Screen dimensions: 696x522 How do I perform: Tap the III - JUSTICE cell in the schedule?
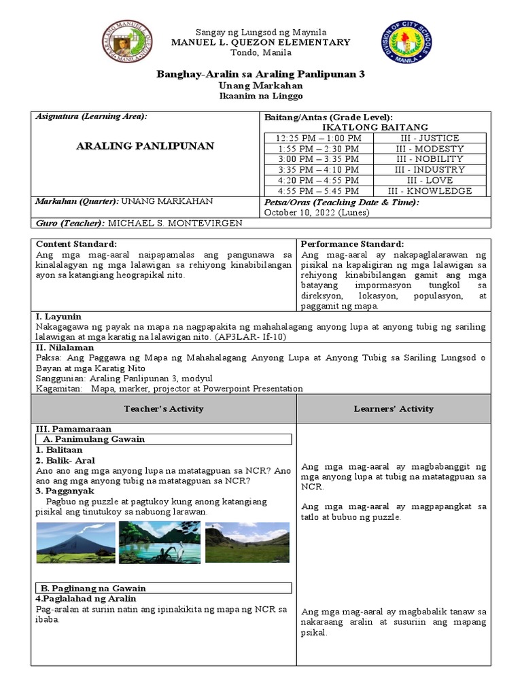pos(430,138)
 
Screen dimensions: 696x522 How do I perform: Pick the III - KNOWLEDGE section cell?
pos(430,191)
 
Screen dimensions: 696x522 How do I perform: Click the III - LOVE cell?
pos(430,180)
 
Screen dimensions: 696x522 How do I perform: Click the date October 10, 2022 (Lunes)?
pos(316,213)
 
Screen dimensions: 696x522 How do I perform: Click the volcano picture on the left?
pos(75,542)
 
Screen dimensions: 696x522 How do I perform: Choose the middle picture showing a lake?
pos(159,542)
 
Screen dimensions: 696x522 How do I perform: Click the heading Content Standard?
pos(76,244)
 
